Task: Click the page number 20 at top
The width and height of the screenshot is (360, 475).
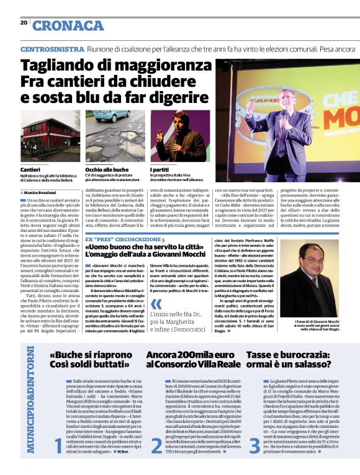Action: tap(24, 22)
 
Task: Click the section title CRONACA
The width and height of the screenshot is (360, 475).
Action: tap(68, 25)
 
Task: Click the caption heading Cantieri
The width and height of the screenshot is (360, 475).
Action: tap(30, 169)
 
